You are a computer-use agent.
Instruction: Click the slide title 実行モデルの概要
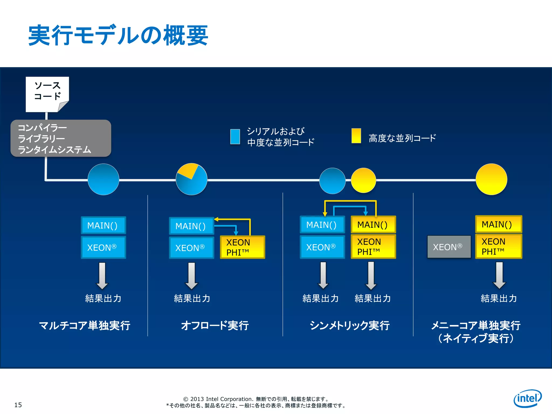[x=118, y=35]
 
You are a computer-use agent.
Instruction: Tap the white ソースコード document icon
[x=47, y=94]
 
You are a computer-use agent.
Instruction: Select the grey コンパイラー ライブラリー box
[x=61, y=138]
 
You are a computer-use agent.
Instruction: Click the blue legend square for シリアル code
[x=235, y=137]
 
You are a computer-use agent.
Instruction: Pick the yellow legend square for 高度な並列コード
[x=356, y=136]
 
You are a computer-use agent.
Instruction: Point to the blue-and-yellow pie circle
[x=191, y=179]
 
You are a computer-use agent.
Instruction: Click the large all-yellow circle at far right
[x=491, y=179]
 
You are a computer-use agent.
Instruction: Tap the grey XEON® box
[x=449, y=247]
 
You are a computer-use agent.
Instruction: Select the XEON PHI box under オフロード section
[x=242, y=247]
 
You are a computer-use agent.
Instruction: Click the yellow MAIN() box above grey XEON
[x=498, y=224]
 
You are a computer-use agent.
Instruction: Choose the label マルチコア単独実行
[x=85, y=325]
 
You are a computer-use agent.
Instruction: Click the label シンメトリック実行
[x=350, y=325]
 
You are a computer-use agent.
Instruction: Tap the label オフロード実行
[x=215, y=325]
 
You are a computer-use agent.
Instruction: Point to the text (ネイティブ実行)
[x=476, y=339]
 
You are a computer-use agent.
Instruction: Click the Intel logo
[x=527, y=398]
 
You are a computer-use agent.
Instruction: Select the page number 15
[x=18, y=405]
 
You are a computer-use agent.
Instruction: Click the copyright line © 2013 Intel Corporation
[x=256, y=399]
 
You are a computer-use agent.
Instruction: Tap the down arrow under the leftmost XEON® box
[x=102, y=275]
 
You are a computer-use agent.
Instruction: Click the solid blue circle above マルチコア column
[x=103, y=179]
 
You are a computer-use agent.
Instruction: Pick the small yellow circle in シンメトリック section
[x=363, y=180]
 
